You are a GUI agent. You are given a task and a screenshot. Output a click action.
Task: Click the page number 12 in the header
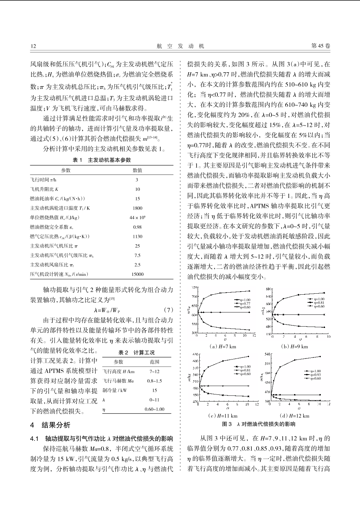coord(33,46)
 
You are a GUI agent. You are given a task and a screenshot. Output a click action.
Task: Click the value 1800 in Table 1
coord(137,208)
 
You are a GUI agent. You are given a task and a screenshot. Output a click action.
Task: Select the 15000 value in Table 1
coord(137,274)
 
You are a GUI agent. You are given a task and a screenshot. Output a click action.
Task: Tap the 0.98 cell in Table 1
coord(137,227)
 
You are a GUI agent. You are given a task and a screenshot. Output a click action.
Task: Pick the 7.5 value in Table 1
coord(137,255)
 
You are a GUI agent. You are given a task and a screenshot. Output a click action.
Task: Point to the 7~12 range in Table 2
coord(155,372)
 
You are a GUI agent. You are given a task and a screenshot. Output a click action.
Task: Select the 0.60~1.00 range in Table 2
coord(155,409)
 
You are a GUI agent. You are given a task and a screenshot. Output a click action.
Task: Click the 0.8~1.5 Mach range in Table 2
coord(155,381)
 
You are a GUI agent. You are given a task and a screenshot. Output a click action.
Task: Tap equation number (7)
coord(168,310)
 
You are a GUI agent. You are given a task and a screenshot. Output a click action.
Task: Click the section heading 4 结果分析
coord(50,425)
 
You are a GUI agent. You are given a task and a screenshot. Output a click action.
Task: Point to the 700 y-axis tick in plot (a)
coord(194,297)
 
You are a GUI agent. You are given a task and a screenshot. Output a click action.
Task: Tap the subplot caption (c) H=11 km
coord(223,416)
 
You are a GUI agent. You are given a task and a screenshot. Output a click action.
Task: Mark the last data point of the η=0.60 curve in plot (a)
coord(249,291)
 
